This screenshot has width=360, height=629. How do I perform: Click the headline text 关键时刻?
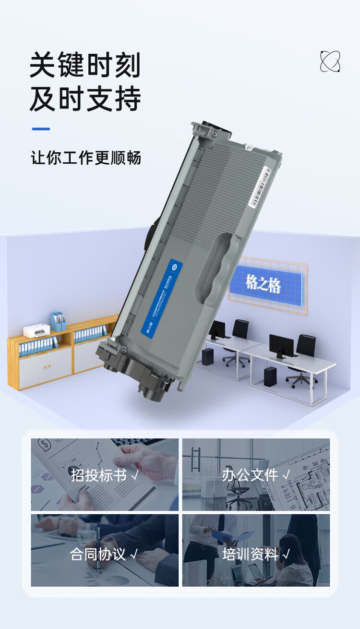(x=85, y=65)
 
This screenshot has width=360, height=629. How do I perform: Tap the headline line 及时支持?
(x=85, y=99)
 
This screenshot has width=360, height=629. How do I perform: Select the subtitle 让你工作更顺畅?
(x=86, y=158)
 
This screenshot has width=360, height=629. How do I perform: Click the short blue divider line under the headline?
(x=41, y=129)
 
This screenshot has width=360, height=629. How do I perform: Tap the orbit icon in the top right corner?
(x=330, y=62)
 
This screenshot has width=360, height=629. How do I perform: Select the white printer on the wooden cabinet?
(x=36, y=330)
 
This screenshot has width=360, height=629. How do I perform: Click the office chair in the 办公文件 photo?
(x=238, y=490)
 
